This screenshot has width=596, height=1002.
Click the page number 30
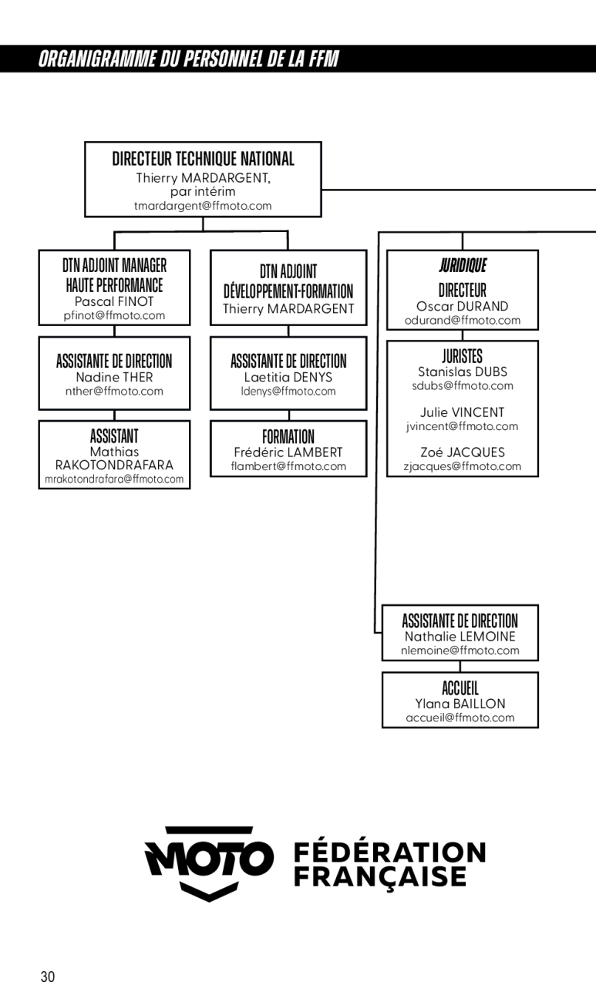click(48, 976)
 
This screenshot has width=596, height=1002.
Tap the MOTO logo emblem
click(208, 864)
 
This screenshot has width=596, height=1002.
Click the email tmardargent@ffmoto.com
click(203, 206)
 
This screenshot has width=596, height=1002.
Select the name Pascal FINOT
click(114, 301)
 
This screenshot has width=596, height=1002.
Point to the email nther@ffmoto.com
click(114, 392)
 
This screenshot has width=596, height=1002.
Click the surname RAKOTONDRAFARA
click(114, 466)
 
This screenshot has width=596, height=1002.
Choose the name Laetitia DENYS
click(288, 378)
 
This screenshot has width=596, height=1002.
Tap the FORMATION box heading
click(288, 436)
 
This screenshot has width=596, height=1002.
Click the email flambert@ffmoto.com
click(288, 466)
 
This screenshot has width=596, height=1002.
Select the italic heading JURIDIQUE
click(463, 265)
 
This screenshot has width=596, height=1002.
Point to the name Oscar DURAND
click(462, 307)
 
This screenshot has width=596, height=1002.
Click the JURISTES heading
click(463, 357)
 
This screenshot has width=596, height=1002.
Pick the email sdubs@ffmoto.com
click(463, 385)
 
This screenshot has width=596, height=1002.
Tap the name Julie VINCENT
click(462, 412)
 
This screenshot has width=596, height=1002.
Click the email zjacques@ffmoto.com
click(462, 466)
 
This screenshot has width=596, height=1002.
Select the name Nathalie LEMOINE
click(460, 637)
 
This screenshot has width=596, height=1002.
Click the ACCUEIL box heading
click(460, 688)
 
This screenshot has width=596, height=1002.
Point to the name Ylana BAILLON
click(460, 704)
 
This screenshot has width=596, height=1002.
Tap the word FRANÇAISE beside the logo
click(380, 877)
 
